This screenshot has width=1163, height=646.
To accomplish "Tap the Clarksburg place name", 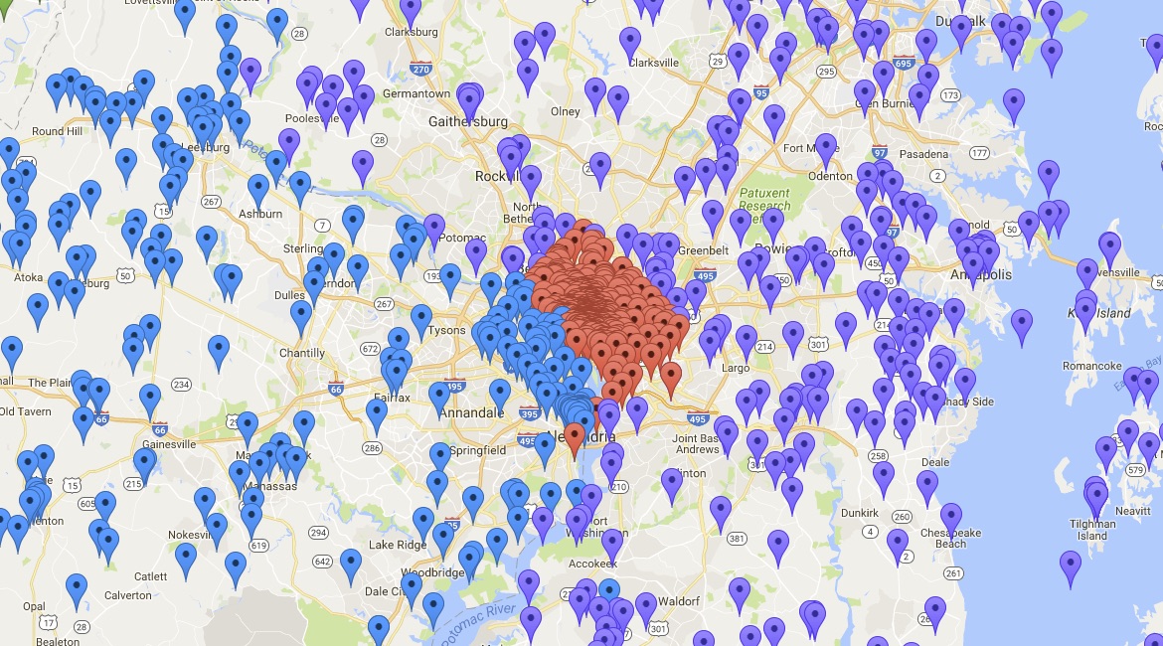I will pyautogui.click(x=409, y=32).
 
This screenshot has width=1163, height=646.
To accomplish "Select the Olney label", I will pyautogui.click(x=565, y=111).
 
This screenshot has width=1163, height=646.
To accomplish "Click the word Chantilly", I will pyautogui.click(x=302, y=353).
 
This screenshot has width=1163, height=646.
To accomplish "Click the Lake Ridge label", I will pyautogui.click(x=397, y=545).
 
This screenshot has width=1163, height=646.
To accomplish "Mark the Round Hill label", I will pyautogui.click(x=57, y=131).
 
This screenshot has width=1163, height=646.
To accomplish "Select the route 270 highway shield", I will pyautogui.click(x=420, y=69).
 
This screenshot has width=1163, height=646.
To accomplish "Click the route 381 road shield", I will pyautogui.click(x=737, y=539).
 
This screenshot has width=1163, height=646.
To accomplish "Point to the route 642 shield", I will pyautogui.click(x=322, y=562).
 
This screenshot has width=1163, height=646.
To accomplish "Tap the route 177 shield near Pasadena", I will pyautogui.click(x=979, y=153).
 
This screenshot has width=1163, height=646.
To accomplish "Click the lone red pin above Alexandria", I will pyautogui.click(x=574, y=439).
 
